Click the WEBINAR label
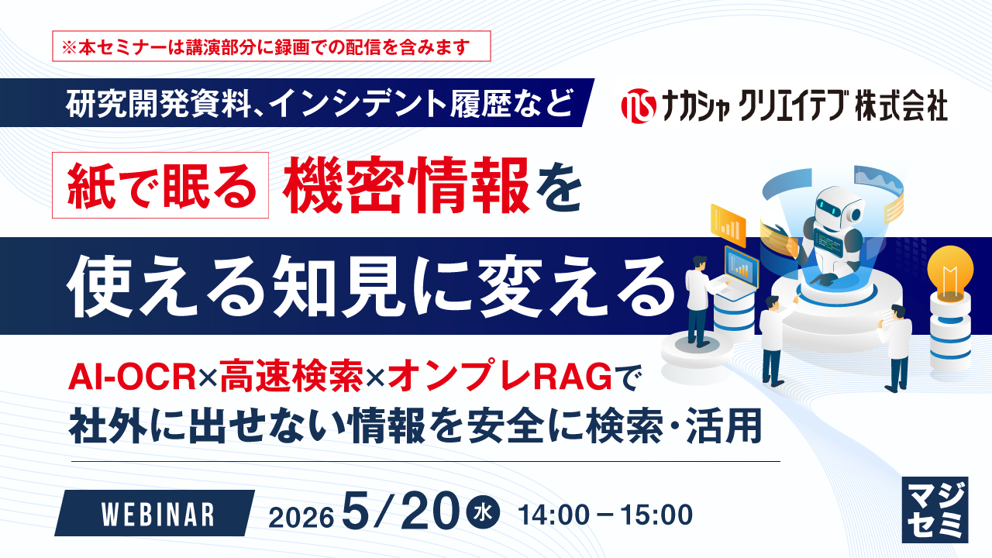(158, 515)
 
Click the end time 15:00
(656, 515)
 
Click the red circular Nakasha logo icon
(639, 106)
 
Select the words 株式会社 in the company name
(901, 106)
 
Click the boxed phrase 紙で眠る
(160, 185)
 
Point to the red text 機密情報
(406, 185)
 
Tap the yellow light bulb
(950, 274)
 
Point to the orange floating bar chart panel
(728, 225)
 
